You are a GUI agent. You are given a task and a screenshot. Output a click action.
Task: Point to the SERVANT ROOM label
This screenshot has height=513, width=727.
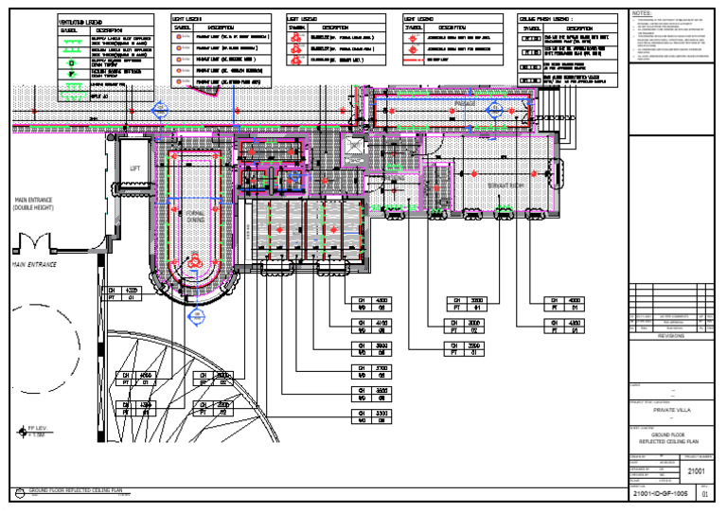(506, 186)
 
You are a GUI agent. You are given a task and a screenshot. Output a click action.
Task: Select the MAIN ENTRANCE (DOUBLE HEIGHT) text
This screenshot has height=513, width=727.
(34, 203)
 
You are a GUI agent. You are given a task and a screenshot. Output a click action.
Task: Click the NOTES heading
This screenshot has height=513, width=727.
(642, 13)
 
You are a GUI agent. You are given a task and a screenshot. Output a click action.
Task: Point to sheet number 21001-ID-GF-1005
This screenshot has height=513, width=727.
(662, 494)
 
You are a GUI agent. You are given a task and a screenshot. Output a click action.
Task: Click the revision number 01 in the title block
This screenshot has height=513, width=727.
(703, 494)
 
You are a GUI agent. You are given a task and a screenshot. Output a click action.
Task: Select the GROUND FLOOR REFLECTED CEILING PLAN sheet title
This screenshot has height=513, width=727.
(670, 439)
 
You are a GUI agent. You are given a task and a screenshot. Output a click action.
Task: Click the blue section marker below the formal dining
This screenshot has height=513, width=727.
(196, 315)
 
